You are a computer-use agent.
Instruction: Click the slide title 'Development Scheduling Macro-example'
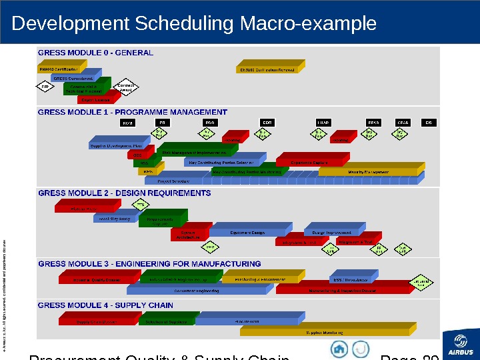194,24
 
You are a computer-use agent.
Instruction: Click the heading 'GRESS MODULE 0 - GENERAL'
95,53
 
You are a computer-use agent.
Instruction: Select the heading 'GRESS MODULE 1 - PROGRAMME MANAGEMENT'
133,112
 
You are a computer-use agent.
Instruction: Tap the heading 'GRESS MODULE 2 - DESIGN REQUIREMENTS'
124,193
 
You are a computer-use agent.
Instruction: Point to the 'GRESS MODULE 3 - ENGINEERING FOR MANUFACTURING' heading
149,264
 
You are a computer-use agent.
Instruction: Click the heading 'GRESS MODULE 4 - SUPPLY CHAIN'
105,305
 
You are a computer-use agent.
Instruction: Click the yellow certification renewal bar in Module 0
268,69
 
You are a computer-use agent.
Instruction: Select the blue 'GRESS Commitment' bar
74,77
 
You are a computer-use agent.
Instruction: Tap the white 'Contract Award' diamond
127,87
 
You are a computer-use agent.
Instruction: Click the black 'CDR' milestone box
267,123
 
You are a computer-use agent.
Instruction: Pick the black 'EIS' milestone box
430,123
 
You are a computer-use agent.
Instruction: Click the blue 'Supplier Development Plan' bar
116,146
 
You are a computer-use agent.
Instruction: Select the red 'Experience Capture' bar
310,162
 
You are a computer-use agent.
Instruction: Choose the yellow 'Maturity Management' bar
368,171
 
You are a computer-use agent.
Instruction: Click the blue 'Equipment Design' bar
247,233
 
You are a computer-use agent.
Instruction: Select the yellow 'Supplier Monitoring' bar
331,331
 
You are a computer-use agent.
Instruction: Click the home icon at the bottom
340,349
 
